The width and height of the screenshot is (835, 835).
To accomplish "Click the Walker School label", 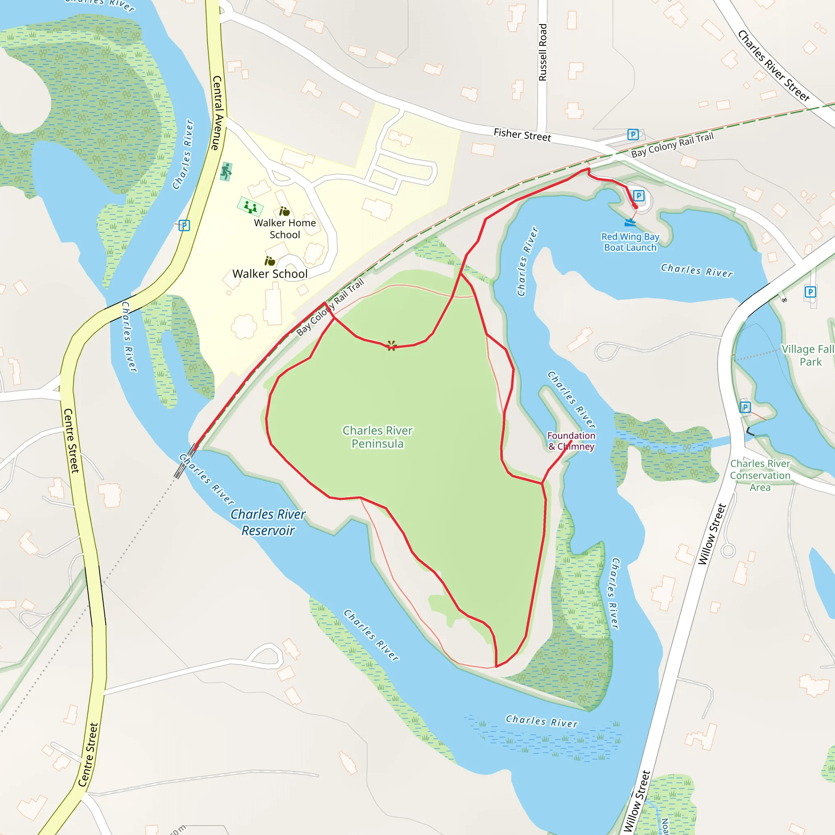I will click(x=269, y=274).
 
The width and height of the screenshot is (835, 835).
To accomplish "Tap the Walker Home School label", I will click(x=285, y=229).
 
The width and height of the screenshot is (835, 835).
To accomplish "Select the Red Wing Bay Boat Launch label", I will click(x=630, y=242).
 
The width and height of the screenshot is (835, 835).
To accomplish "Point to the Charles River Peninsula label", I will click(x=377, y=437).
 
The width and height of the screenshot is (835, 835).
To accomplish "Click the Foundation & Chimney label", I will click(x=571, y=441).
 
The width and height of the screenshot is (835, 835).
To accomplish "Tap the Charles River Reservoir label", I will click(x=268, y=522).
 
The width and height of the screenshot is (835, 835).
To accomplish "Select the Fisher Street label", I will click(x=522, y=135).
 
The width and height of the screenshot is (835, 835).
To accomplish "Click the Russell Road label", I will click(x=542, y=52).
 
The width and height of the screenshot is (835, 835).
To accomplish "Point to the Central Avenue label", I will click(x=217, y=113).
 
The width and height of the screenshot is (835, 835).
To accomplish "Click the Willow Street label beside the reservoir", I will click(x=712, y=534).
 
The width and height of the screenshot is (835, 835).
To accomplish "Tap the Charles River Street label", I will click(x=773, y=66).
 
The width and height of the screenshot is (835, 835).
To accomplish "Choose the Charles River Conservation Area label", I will click(x=760, y=475).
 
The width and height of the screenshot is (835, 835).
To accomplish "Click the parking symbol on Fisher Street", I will click(x=633, y=135).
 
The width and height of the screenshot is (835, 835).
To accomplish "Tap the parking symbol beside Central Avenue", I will click(x=184, y=225).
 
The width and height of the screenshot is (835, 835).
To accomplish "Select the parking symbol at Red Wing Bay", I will click(x=638, y=196).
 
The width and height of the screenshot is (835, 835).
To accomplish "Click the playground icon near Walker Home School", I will click(x=250, y=207).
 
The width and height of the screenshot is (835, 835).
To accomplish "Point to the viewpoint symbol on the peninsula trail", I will click(x=391, y=345).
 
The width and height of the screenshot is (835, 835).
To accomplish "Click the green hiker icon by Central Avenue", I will click(x=226, y=172).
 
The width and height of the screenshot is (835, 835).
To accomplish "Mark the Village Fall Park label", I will click(x=807, y=355).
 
